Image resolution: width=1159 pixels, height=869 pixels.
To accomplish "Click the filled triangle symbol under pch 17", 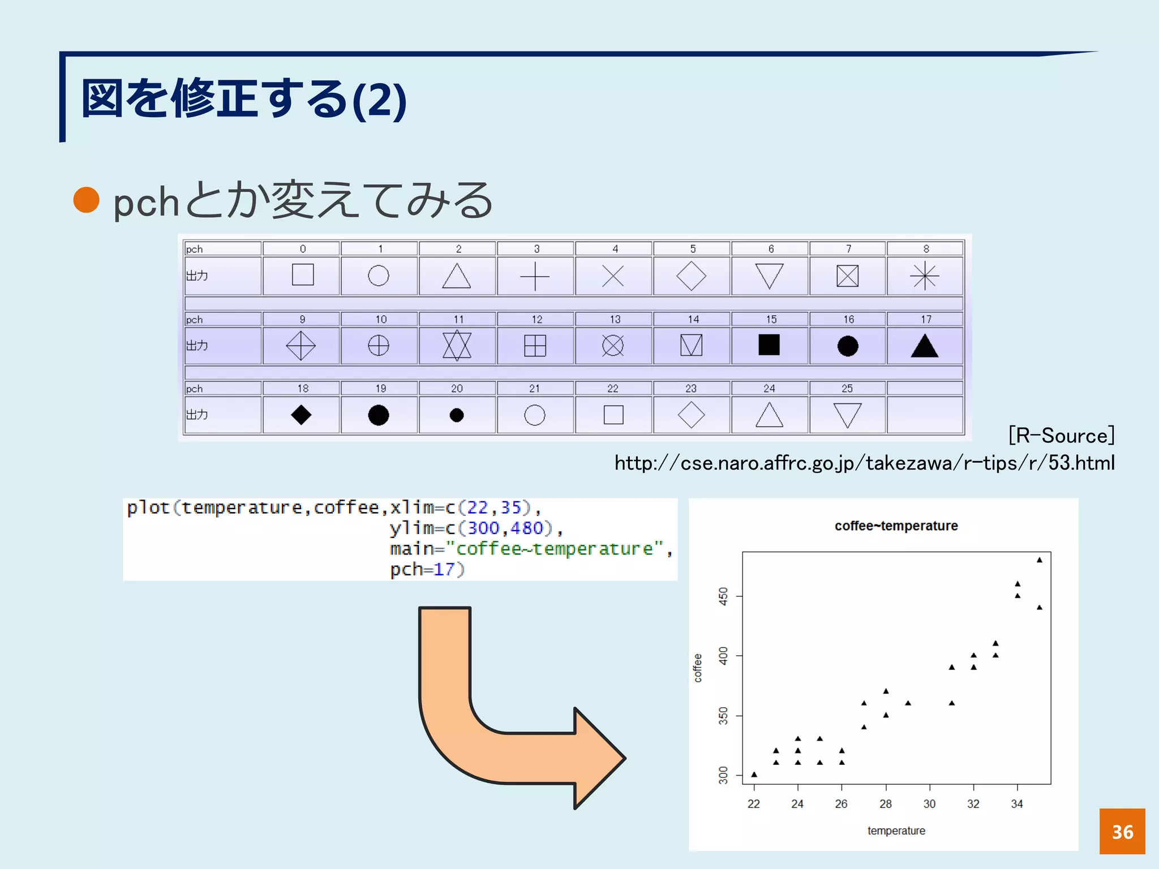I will (x=925, y=346).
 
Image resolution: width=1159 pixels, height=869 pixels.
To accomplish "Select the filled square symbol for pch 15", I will (x=769, y=345).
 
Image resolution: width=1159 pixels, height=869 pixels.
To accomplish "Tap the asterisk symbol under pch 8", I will (x=925, y=276).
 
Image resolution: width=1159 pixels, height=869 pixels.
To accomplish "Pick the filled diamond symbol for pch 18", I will (x=301, y=415).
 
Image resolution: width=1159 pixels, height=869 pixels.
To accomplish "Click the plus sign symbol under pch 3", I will (x=535, y=277).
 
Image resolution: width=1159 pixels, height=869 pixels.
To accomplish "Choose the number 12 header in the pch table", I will (x=536, y=320).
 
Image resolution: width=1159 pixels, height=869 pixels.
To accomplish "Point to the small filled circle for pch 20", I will (x=457, y=415).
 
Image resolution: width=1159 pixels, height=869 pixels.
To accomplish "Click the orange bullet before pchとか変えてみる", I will (x=87, y=200).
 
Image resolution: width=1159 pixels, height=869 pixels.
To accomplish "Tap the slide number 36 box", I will (x=1122, y=831).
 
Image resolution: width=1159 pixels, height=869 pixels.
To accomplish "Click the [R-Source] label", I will (x=1061, y=436).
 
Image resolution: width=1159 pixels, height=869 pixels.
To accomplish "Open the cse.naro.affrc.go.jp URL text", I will (x=864, y=463).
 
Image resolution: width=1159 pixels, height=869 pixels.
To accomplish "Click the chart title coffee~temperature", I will (x=896, y=526).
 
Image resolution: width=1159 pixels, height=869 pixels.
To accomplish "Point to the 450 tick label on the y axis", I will (x=723, y=596).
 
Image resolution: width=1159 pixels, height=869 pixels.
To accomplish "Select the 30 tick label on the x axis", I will (x=929, y=804).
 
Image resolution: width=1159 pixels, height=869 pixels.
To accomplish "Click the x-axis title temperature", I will (x=896, y=831).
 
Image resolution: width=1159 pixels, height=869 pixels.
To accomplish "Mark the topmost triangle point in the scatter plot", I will (x=1040, y=560).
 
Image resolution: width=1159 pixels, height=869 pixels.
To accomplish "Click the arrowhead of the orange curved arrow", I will (x=600, y=758).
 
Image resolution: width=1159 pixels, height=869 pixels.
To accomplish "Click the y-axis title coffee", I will (x=698, y=668).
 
